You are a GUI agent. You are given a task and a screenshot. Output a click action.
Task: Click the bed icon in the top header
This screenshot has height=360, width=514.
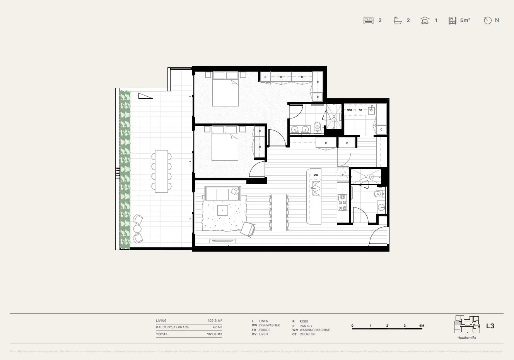[369, 21]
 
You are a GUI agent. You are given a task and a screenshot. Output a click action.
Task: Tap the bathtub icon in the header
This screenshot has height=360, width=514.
[397, 21]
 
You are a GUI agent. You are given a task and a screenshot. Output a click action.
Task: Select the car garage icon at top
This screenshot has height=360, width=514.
[425, 21]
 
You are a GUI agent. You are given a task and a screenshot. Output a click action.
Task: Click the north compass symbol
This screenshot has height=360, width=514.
[488, 21]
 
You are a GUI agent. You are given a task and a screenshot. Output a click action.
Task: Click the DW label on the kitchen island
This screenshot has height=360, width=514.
[316, 175]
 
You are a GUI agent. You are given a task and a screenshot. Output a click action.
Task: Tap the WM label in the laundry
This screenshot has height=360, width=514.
[350, 110]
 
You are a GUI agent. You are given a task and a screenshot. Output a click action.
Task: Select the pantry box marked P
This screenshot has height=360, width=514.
[347, 143]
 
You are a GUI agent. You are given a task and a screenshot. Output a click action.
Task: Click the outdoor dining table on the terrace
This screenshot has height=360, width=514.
[161, 171]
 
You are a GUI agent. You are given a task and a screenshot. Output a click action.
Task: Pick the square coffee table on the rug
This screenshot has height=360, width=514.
[223, 210]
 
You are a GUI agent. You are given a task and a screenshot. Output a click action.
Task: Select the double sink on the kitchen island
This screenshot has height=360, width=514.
[316, 188]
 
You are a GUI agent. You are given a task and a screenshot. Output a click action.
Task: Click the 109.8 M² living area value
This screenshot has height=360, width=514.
[214, 321]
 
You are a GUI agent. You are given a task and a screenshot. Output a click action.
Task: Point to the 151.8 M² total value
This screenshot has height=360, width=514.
[214, 334]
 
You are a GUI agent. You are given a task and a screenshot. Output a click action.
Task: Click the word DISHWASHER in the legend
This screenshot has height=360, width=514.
[269, 326]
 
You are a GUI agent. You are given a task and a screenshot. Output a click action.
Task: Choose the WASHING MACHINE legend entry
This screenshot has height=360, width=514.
[315, 330]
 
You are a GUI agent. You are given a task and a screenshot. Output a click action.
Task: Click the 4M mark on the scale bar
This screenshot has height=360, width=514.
[421, 326]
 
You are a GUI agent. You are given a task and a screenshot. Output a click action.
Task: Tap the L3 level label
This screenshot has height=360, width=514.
[490, 326]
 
